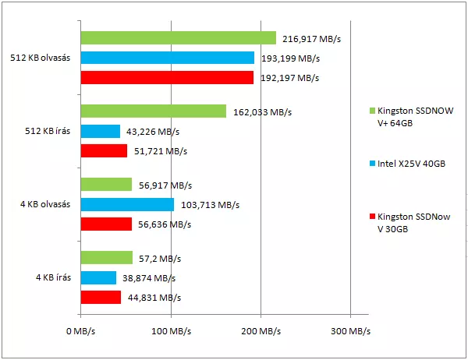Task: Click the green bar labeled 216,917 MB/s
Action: click(x=178, y=37)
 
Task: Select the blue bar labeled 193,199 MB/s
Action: click(x=168, y=58)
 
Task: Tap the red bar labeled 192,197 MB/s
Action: click(x=167, y=77)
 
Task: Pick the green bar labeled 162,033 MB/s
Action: click(x=153, y=111)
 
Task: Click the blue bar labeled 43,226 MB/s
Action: click(x=100, y=131)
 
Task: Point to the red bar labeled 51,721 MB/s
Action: click(x=104, y=150)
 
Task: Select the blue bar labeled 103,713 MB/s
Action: click(x=127, y=204)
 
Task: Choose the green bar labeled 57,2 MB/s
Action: click(x=106, y=258)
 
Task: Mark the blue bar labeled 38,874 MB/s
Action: click(x=98, y=277)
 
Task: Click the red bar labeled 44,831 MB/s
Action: click(x=101, y=297)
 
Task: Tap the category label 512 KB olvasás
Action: click(x=41, y=58)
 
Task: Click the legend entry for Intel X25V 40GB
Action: click(x=411, y=164)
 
